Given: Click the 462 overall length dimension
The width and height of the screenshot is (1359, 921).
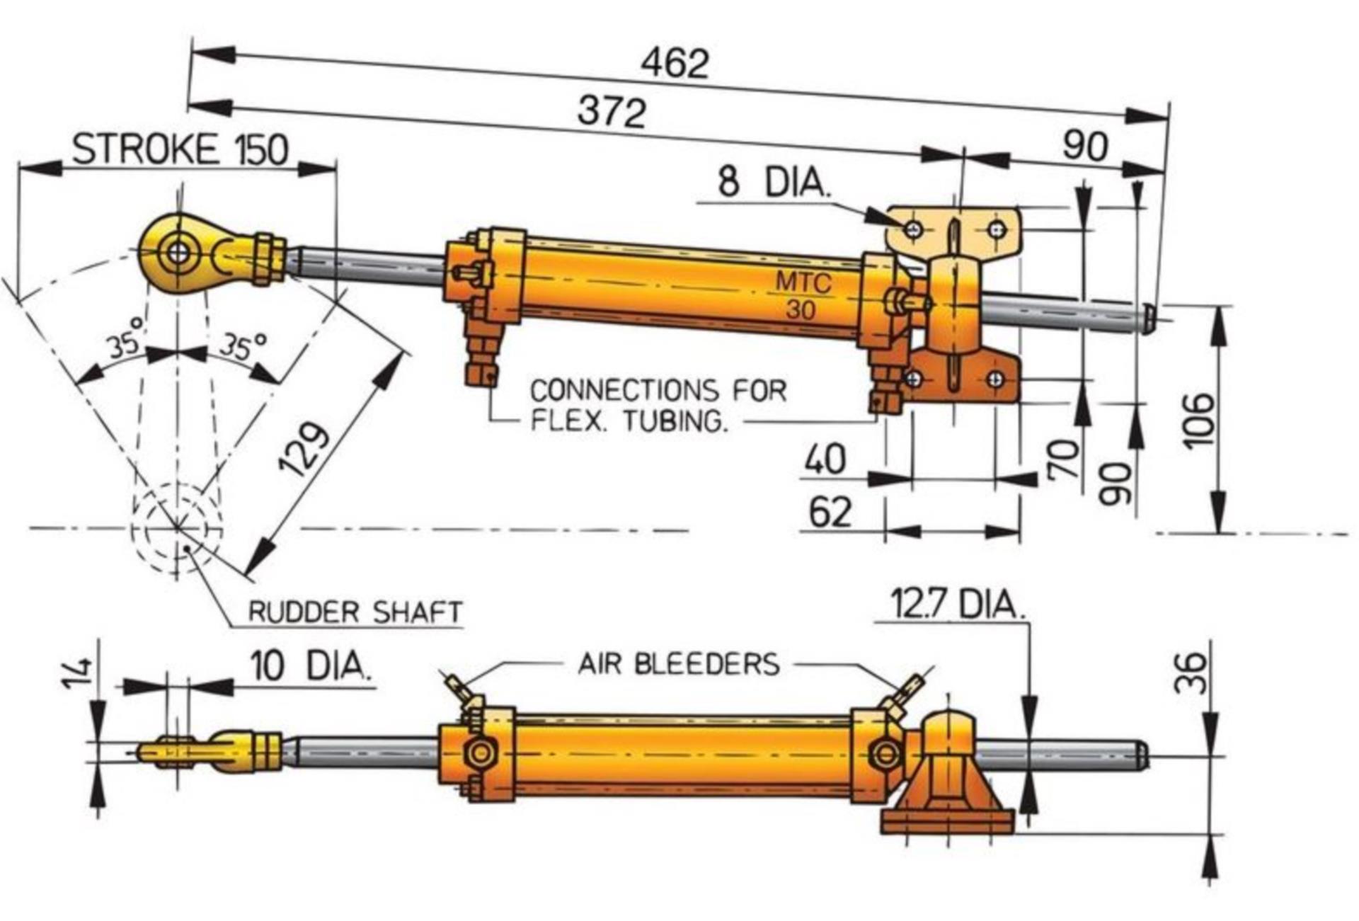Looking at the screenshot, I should click(x=674, y=63).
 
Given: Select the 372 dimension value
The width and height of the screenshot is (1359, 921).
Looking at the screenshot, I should click(x=612, y=112).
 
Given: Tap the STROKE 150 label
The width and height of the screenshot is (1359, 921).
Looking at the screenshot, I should click(x=180, y=149).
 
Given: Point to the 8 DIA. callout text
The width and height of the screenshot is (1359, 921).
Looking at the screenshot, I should click(x=773, y=182).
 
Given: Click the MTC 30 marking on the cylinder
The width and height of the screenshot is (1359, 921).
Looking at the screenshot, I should click(x=802, y=296).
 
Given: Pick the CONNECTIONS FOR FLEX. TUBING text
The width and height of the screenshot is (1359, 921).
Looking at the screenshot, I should click(x=658, y=406).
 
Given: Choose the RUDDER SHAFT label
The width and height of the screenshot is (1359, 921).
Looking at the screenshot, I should click(x=355, y=612).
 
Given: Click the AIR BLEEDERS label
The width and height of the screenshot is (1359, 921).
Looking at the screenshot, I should click(x=679, y=664).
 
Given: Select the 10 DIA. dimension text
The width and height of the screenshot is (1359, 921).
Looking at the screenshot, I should click(x=311, y=666).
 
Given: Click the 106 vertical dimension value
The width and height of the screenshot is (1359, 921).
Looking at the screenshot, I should click(x=1198, y=422).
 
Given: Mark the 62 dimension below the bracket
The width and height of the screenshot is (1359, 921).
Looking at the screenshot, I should click(x=830, y=513).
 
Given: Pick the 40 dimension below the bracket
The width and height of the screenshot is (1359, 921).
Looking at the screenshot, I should click(x=825, y=459).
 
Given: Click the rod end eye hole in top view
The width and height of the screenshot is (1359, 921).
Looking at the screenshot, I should click(x=178, y=253).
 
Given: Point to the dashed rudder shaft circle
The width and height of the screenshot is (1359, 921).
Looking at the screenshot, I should click(x=177, y=528).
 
